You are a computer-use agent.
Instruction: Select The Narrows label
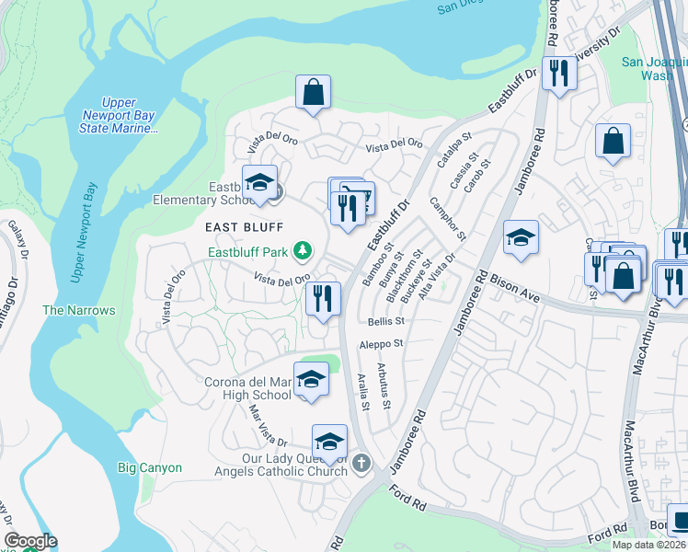[x=79, y=310]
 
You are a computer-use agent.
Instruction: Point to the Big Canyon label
[x=150, y=467]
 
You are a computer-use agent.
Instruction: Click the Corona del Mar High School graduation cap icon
[x=311, y=379]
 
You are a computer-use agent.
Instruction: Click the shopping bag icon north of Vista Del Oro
[x=313, y=92]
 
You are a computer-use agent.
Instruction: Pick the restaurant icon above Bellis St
[x=322, y=298]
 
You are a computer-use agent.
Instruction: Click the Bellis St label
[x=386, y=321]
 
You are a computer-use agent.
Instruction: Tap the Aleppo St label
[x=385, y=343]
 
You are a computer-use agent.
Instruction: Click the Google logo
[x=30, y=541]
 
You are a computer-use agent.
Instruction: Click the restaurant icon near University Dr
[x=558, y=73]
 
